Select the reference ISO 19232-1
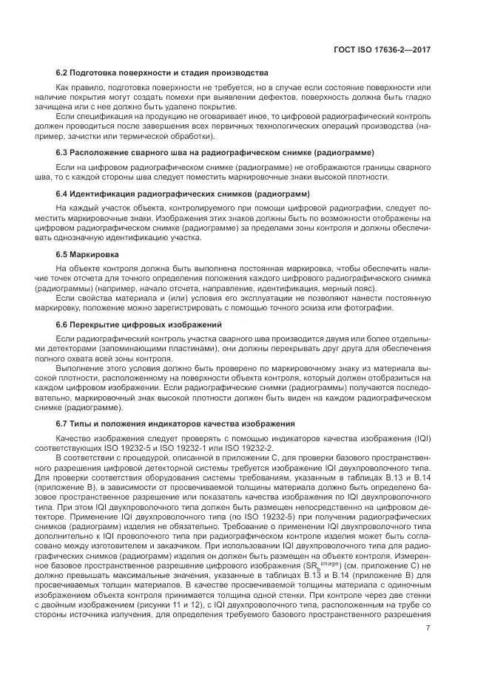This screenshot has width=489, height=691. click(x=191, y=447)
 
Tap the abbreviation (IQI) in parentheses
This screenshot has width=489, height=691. click(x=414, y=438)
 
